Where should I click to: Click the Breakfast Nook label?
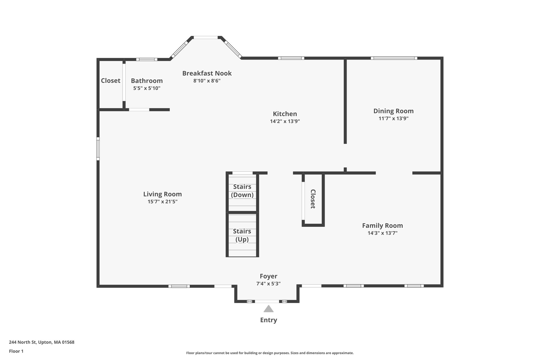207,73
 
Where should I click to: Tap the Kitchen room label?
285,114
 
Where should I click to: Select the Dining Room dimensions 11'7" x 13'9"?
393,118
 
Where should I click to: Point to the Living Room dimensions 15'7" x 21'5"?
162,202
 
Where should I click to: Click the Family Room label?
382,226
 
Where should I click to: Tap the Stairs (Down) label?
242,191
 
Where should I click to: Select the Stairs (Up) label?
242,235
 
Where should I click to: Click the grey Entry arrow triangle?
268,309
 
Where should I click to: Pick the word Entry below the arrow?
268,320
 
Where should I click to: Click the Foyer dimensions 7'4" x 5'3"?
268,284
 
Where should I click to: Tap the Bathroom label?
147,81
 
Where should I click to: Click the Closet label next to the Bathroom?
110,81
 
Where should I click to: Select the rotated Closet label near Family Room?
313,199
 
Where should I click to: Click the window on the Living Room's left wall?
98,149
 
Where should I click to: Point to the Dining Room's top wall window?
394,58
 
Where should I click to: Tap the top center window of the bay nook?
206,37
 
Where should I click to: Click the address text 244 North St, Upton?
42,342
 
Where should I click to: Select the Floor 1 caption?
16,351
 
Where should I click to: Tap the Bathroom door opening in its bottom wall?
139,110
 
